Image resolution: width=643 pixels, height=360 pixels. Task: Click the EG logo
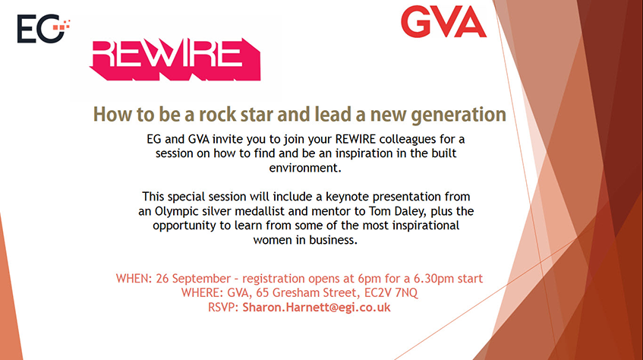pos(43,29)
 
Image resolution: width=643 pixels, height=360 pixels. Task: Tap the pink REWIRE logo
pos(175,59)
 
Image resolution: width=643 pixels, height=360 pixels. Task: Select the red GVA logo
pos(443,22)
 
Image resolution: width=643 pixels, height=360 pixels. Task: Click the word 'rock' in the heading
pos(218,115)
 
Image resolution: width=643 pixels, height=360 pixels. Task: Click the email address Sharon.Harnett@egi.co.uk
pos(316,308)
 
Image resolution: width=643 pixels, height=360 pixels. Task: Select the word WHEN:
pos(134,279)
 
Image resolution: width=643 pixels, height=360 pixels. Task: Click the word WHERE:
pos(203,293)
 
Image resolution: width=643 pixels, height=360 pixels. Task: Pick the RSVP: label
pos(223,308)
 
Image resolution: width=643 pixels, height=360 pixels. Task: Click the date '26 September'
pos(193,279)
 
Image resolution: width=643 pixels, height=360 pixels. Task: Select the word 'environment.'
pos(305,168)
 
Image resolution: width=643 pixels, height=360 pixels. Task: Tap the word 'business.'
pos(333,240)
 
